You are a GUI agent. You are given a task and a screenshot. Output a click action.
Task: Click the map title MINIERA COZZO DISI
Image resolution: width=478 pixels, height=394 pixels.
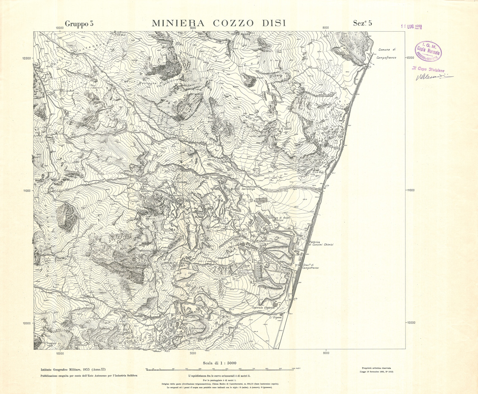pyautogui.click(x=219, y=24)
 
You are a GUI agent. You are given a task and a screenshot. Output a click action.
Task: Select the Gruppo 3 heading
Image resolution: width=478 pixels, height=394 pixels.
pyautogui.click(x=79, y=24)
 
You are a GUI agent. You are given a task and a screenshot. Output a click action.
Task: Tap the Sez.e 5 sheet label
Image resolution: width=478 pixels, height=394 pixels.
pyautogui.click(x=362, y=24)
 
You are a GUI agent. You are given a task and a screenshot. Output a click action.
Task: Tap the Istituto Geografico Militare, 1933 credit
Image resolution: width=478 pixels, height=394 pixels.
pyautogui.click(x=70, y=369)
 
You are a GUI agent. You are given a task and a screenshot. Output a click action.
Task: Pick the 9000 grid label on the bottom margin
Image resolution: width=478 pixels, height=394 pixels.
pyautogui.click(x=193, y=353)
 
